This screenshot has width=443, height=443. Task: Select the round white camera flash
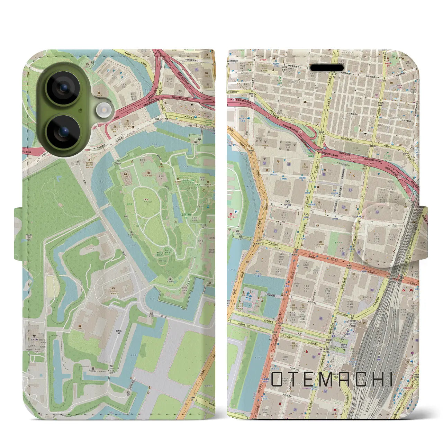pyautogui.click(x=102, y=110)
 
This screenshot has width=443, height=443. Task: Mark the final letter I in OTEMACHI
pyautogui.click(x=390, y=379)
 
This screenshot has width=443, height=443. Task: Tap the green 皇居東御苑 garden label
pyautogui.click(x=186, y=218)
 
